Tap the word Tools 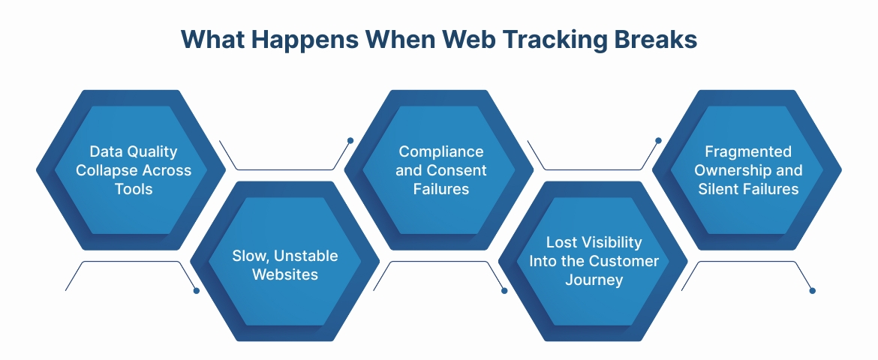click(x=134, y=188)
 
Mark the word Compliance click(x=441, y=151)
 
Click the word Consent click(x=456, y=170)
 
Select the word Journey click(x=592, y=280)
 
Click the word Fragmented click(x=748, y=151)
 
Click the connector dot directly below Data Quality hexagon click(x=197, y=290)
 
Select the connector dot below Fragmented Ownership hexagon click(x=812, y=290)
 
